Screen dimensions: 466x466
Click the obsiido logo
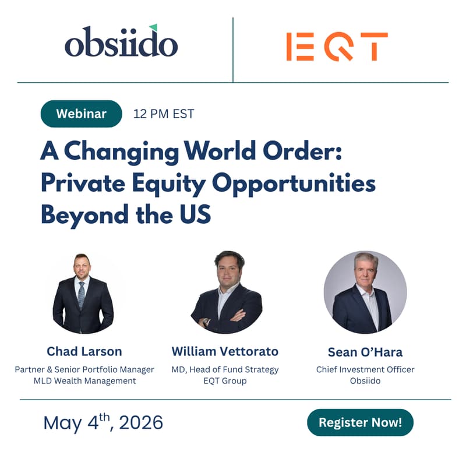pos(121,43)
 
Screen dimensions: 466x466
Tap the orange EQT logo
pos(337,47)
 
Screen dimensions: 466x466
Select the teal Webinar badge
pos(81,114)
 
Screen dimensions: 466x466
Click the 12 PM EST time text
pos(164,114)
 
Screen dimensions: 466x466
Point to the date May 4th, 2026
pos(103,422)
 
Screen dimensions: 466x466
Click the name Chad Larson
pos(84,351)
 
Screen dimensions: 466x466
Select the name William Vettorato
pos(225,351)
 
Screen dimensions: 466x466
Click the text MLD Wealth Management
pos(84,381)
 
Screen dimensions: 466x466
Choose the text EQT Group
pos(225,381)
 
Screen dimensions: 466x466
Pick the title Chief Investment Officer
pos(365,369)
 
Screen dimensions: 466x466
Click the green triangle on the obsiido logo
pos(153,27)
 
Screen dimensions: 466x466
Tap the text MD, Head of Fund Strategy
pos(225,369)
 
